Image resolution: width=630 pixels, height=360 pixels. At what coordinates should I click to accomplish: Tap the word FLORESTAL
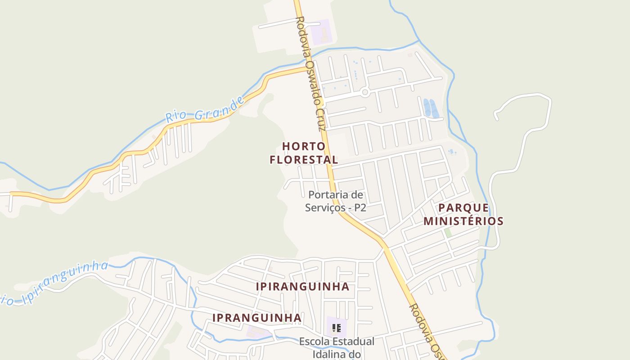pos(304,160)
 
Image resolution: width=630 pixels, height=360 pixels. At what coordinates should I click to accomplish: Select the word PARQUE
pos(463,208)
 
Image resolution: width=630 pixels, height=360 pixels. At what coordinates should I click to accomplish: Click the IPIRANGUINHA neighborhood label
pos(302,287)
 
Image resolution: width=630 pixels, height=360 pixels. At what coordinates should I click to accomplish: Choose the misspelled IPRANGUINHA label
pos(256,318)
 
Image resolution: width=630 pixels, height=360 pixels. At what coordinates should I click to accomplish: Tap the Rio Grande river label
pos(205,109)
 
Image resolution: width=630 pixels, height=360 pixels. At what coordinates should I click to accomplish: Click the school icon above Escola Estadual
pos(336,328)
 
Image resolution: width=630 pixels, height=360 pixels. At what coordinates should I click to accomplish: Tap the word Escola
pos(315,342)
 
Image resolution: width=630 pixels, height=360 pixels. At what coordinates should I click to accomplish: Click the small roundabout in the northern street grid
pos(365,92)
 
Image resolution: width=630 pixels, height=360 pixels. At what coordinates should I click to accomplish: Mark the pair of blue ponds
pos(431,108)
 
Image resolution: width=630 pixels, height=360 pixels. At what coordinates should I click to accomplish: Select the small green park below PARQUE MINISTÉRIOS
pos(448,233)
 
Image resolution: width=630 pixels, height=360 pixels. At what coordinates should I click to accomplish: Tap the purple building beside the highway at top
pos(321,31)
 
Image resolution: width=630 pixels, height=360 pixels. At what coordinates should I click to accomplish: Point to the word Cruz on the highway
pos(321,118)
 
